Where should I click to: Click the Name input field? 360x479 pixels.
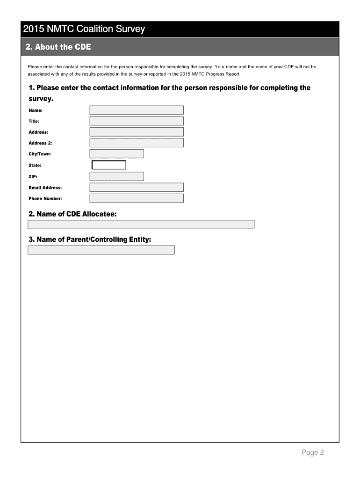[137, 110]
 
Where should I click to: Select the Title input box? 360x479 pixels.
[137, 121]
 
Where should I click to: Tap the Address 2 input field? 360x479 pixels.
[137, 143]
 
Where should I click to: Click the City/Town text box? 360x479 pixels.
[116, 154]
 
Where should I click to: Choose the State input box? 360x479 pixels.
[109, 165]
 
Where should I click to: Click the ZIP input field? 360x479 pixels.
[116, 176]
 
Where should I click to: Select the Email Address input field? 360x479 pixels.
[137, 187]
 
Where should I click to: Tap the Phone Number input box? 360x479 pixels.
[137, 198]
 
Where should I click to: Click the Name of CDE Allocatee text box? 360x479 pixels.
[141, 225]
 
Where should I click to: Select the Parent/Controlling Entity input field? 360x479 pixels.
[101, 250]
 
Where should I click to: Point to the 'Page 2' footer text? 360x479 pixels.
[313, 452]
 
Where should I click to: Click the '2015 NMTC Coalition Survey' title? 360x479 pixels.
[84, 29]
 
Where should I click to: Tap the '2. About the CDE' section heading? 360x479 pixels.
[58, 47]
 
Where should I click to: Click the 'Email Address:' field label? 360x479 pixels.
[45, 188]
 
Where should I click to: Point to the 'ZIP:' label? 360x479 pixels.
[33, 176]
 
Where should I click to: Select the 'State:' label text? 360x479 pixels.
[35, 165]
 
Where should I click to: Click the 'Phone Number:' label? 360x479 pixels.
[45, 199]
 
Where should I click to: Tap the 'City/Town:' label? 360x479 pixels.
[40, 154]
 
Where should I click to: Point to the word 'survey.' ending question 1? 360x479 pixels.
[41, 99]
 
